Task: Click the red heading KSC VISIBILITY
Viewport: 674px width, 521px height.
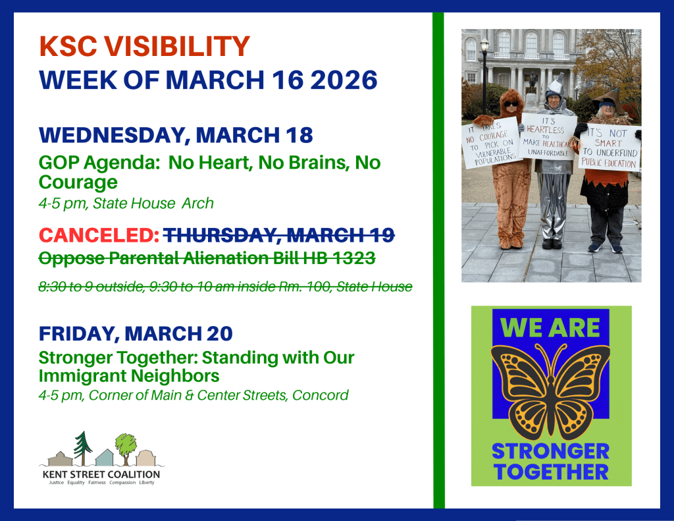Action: [x=145, y=47]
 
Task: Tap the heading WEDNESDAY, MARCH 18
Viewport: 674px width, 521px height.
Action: [x=176, y=135]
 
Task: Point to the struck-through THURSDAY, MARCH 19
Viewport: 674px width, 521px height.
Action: [x=279, y=234]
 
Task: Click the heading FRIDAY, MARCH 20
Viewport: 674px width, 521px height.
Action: [x=136, y=334]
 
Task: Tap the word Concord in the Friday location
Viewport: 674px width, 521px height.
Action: [x=320, y=395]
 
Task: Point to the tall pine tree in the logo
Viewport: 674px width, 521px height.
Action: [x=82, y=448]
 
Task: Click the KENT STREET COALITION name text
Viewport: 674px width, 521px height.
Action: [x=101, y=474]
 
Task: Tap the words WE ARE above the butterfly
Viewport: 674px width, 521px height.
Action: [x=551, y=327]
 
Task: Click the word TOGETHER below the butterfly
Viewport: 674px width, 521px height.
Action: [x=551, y=471]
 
